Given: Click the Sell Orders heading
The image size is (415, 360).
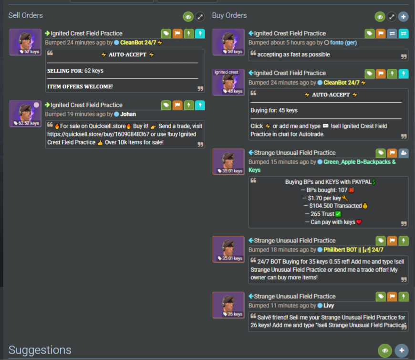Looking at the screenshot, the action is [x=25, y=15].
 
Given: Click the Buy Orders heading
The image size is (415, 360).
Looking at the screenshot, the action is [x=229, y=15].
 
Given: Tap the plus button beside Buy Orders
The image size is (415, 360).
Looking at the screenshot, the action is [x=403, y=17].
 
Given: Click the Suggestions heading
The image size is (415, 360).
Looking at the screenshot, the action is [x=40, y=350].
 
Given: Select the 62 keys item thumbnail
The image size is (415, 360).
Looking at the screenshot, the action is [x=25, y=42].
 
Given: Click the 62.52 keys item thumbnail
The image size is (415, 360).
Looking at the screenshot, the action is [x=25, y=114].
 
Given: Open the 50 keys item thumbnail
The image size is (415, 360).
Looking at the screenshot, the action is [x=228, y=42].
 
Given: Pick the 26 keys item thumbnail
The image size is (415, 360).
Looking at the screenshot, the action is [x=228, y=305].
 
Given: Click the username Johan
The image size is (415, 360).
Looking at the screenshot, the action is [x=128, y=114].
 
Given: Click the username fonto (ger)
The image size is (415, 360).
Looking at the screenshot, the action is [x=343, y=42].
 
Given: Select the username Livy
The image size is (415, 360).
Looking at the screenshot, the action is [x=329, y=306].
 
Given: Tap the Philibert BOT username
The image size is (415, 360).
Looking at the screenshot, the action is [x=353, y=250].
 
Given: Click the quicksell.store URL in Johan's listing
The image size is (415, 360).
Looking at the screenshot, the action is [x=98, y=134].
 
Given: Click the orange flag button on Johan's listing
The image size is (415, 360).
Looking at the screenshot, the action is [x=177, y=105].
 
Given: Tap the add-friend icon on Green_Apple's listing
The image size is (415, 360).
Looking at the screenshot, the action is [x=404, y=153].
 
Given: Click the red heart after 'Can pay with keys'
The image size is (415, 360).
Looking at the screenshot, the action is [x=359, y=222].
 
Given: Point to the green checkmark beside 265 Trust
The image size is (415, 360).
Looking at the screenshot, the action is [x=338, y=214].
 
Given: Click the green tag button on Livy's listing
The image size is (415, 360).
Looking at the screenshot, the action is [x=381, y=296].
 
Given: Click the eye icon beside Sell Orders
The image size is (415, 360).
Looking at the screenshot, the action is [x=188, y=17].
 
